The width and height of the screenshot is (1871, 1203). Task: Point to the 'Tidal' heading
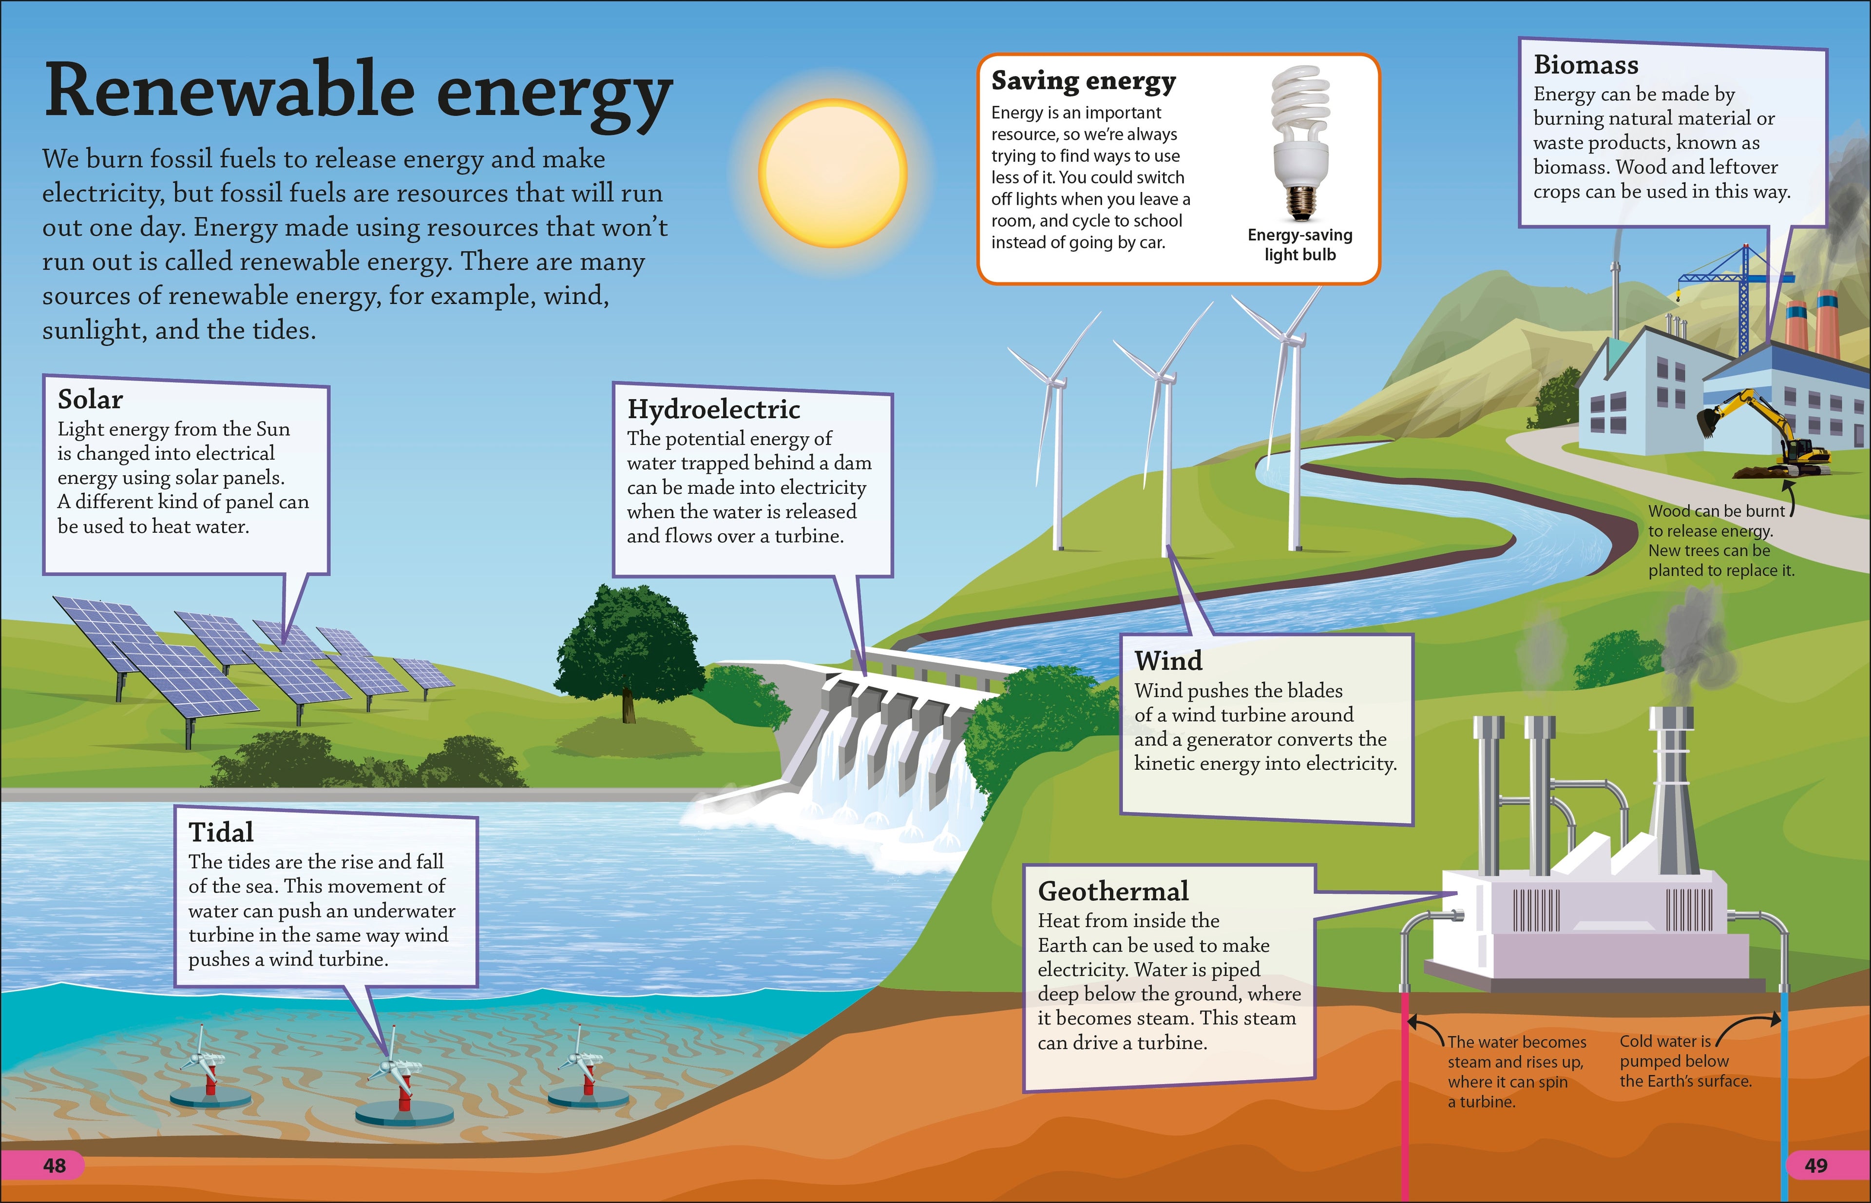tap(221, 832)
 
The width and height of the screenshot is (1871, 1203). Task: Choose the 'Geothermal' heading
tap(1113, 892)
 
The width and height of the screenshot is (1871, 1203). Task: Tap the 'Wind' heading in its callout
tap(1168, 661)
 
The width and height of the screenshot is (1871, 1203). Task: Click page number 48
tap(54, 1165)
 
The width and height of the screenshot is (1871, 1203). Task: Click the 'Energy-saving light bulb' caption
tap(1299, 245)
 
